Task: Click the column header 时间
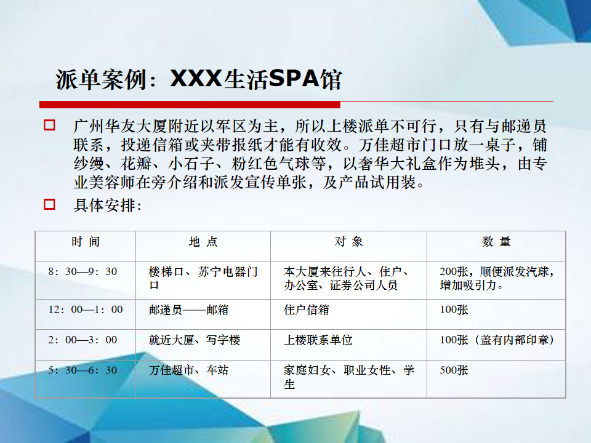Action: [x=86, y=241]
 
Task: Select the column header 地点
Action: [x=203, y=241]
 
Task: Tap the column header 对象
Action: [x=348, y=241]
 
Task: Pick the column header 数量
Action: [x=496, y=241]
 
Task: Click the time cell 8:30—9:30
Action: [x=82, y=271]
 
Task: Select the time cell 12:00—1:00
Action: [x=86, y=309]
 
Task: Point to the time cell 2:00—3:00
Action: [x=82, y=340]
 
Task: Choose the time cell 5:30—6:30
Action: [x=82, y=370]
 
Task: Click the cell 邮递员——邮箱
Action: [x=188, y=310]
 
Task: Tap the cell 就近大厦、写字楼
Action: [x=195, y=340]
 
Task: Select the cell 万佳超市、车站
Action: [x=188, y=370]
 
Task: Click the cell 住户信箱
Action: [x=307, y=310]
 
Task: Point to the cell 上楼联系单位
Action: [x=318, y=340]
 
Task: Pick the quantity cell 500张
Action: [x=454, y=370]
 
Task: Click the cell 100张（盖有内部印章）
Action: [x=497, y=340]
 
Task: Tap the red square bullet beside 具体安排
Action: [x=49, y=204]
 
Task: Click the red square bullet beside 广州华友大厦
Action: [x=49, y=125]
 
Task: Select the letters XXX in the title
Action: [x=196, y=79]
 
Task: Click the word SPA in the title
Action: [x=294, y=79]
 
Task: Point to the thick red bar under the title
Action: [x=190, y=105]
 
